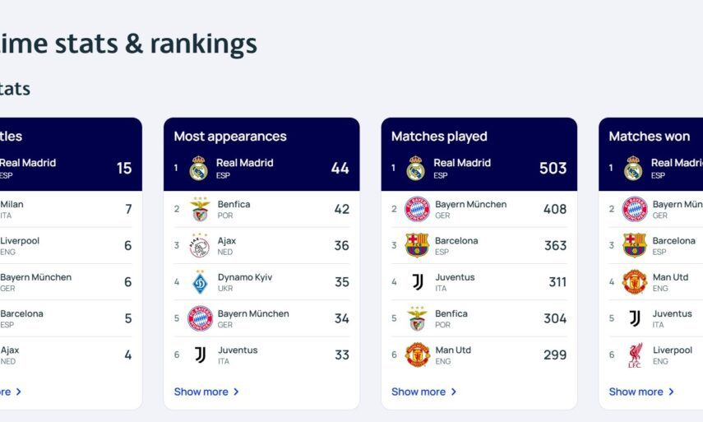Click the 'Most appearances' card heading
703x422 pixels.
[x=230, y=137]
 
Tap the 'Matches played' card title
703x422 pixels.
[x=439, y=137]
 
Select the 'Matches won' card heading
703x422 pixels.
[x=650, y=137]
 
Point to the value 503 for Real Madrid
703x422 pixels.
[x=553, y=169]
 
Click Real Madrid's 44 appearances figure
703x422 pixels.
[x=340, y=169]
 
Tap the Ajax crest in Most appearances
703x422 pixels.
[x=200, y=245]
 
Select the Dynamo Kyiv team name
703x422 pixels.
[x=245, y=277]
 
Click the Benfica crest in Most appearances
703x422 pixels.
[x=200, y=209]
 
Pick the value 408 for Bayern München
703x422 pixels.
[x=554, y=209]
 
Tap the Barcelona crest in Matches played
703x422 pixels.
[x=417, y=245]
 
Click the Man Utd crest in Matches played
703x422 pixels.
[x=417, y=355]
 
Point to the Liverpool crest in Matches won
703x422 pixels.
[x=635, y=355]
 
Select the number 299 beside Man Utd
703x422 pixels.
[x=554, y=355]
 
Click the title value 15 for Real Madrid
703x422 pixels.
[x=124, y=169]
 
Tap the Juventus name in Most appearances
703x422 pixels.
[x=238, y=350]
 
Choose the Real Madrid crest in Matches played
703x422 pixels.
[x=414, y=169]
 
